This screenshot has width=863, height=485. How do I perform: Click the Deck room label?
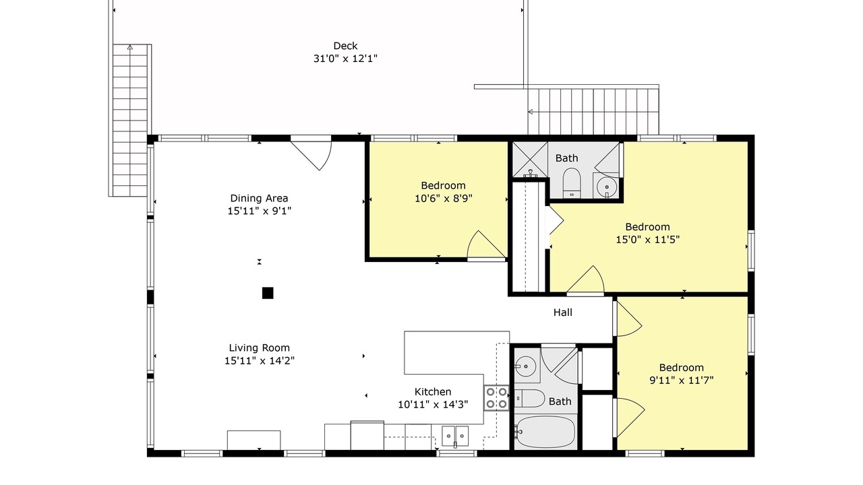(x=345, y=46)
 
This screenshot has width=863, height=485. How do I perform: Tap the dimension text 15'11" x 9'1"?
(x=260, y=211)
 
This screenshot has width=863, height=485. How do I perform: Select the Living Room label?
(x=260, y=348)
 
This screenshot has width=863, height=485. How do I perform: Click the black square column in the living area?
(x=268, y=293)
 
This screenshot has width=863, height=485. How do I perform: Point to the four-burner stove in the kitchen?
(x=496, y=398)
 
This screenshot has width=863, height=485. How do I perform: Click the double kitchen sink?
(x=455, y=437)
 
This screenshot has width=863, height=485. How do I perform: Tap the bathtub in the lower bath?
(x=545, y=432)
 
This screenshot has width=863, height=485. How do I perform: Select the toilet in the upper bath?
(x=572, y=183)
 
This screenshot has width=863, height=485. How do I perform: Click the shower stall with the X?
(x=530, y=160)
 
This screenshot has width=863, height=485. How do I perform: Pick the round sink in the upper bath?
(x=607, y=187)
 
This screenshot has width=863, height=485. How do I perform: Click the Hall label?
(x=563, y=313)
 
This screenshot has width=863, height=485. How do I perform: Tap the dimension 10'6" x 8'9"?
(x=444, y=199)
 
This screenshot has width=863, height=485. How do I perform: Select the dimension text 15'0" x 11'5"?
(x=648, y=240)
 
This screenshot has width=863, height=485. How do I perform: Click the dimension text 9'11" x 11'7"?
(x=682, y=381)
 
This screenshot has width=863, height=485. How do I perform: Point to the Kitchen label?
(x=433, y=392)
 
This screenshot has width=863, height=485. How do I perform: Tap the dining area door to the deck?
(x=311, y=153)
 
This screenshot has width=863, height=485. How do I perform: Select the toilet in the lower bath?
(x=529, y=398)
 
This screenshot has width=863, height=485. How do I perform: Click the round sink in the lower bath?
(x=525, y=366)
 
